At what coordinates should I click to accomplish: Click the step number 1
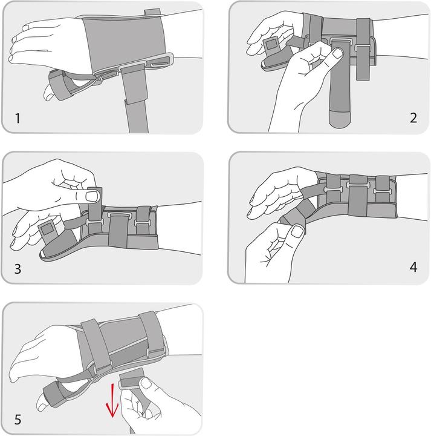point(18,118)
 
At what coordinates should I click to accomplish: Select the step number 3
point(18,269)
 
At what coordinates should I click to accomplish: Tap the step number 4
point(413,266)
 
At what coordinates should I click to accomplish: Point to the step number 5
point(18,418)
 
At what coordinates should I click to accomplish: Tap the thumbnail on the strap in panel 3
point(91,196)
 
